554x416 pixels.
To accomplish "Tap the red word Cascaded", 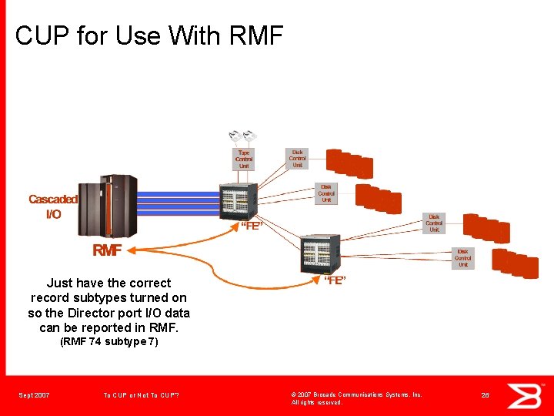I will tap(53, 200).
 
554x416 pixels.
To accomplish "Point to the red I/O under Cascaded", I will tap(53, 214).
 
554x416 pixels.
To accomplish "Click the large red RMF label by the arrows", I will tap(108, 250).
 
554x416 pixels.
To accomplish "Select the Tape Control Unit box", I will tap(244, 159).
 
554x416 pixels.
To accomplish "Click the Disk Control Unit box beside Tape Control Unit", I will tap(297, 159).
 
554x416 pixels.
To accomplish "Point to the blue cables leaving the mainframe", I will tap(177, 204).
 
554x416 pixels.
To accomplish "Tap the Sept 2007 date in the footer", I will tap(35, 395).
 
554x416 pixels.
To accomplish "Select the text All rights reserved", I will tap(317, 403).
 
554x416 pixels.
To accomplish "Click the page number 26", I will tap(486, 395).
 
